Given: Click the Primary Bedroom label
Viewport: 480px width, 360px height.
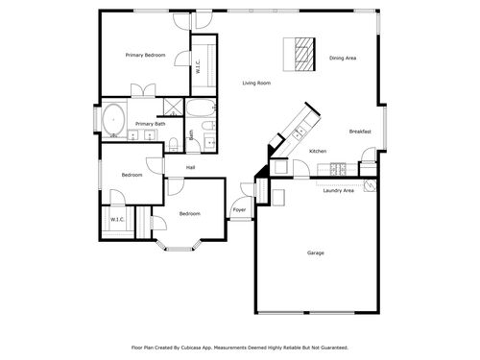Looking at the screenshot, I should pos(146,56).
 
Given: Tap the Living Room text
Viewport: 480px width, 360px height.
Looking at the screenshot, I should pos(256,83).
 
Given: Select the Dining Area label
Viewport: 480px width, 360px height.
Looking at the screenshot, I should pos(343,59).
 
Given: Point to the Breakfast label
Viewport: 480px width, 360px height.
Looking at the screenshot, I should pos(360,131).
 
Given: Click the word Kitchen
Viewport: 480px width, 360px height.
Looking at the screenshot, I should pos(318,152).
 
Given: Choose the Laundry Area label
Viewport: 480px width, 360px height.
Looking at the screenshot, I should pos(339,190).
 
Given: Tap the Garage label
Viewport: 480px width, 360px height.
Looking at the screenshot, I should pos(315,252).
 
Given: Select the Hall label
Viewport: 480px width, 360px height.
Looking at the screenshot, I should pos(191,167).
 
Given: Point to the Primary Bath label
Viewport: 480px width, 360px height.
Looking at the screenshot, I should pos(149,124).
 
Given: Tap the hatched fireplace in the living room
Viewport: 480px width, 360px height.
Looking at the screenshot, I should pos(303,54).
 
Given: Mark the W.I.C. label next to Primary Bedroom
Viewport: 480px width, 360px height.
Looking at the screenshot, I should pos(197,68).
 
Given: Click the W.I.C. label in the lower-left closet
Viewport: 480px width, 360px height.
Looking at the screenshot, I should pos(117,220).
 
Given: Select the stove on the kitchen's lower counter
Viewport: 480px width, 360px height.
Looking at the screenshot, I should pos(339,169).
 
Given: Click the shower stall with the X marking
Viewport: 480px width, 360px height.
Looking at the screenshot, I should pos(173,107).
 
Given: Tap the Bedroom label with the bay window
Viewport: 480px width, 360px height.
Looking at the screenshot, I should pos(189,213).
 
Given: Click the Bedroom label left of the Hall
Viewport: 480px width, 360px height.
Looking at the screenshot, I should pos(132,176).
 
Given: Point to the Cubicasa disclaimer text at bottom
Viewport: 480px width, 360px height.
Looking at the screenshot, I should pos(239,347).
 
